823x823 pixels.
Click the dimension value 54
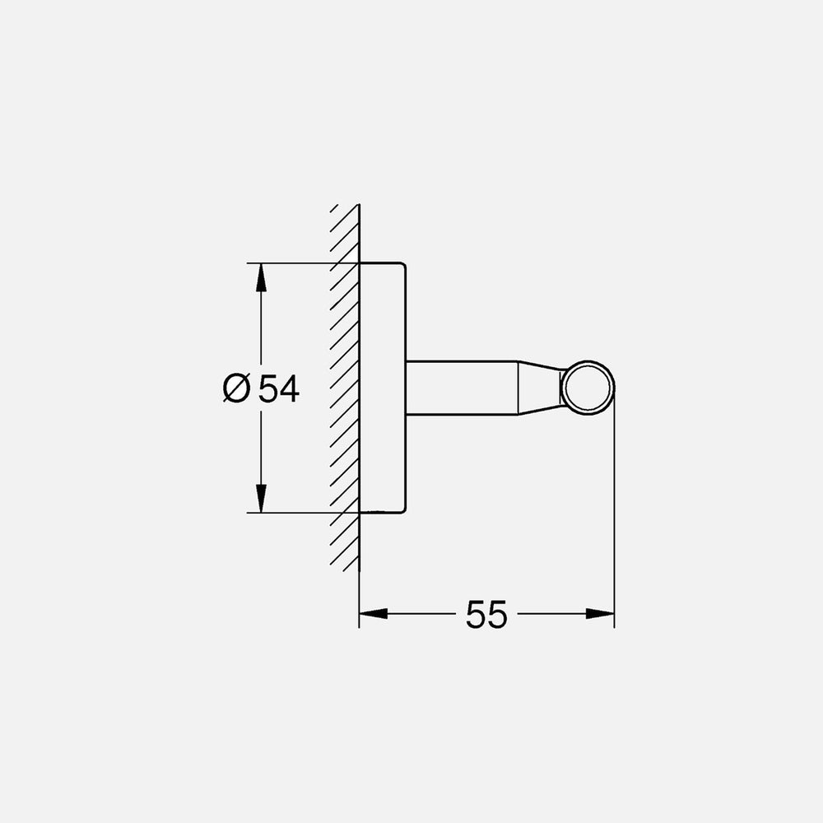(278, 388)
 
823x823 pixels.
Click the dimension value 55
(486, 614)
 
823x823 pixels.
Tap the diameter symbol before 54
(235, 388)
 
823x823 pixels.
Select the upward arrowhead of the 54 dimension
(261, 277)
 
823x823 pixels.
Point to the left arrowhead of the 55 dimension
(372, 613)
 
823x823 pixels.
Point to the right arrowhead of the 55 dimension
(601, 613)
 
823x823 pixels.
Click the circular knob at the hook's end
(587, 387)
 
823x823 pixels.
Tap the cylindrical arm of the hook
(461, 387)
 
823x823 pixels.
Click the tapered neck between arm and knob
(539, 387)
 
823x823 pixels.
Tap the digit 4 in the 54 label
(288, 388)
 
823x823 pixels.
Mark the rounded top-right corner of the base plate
(402, 267)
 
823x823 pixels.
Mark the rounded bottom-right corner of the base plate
(402, 509)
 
